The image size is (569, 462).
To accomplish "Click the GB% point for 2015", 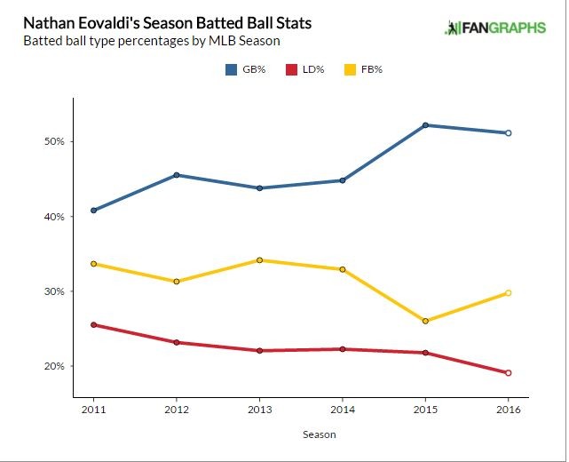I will pyautogui.click(x=425, y=125).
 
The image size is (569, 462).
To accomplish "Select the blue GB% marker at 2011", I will pyautogui.click(x=93, y=211).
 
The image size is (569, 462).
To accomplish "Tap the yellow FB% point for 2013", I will pyautogui.click(x=259, y=260).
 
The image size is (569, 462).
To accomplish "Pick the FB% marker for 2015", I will pyautogui.click(x=425, y=321).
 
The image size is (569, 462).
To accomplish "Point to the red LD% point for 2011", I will pyautogui.click(x=93, y=325).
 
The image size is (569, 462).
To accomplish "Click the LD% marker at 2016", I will pyautogui.click(x=508, y=373).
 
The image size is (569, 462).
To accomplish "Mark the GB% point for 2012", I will pyautogui.click(x=177, y=175).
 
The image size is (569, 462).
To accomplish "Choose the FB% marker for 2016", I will pyautogui.click(x=508, y=293).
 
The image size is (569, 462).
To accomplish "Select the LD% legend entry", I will pyautogui.click(x=304, y=68).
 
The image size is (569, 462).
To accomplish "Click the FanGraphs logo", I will pyautogui.click(x=496, y=28).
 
